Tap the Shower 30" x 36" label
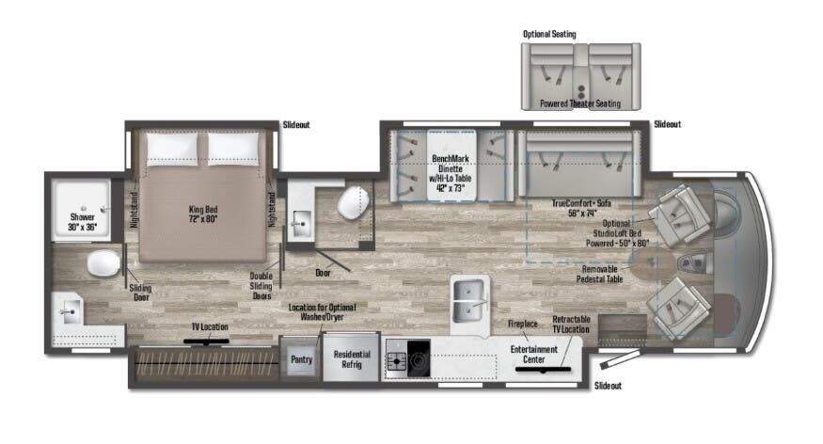coord(82,220)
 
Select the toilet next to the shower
coord(103,263)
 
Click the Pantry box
coord(300,358)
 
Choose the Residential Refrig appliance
coord(351,359)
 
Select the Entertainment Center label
coord(534,354)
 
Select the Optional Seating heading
coord(549,34)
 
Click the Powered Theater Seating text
coord(580,103)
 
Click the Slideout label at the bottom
coord(608,386)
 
